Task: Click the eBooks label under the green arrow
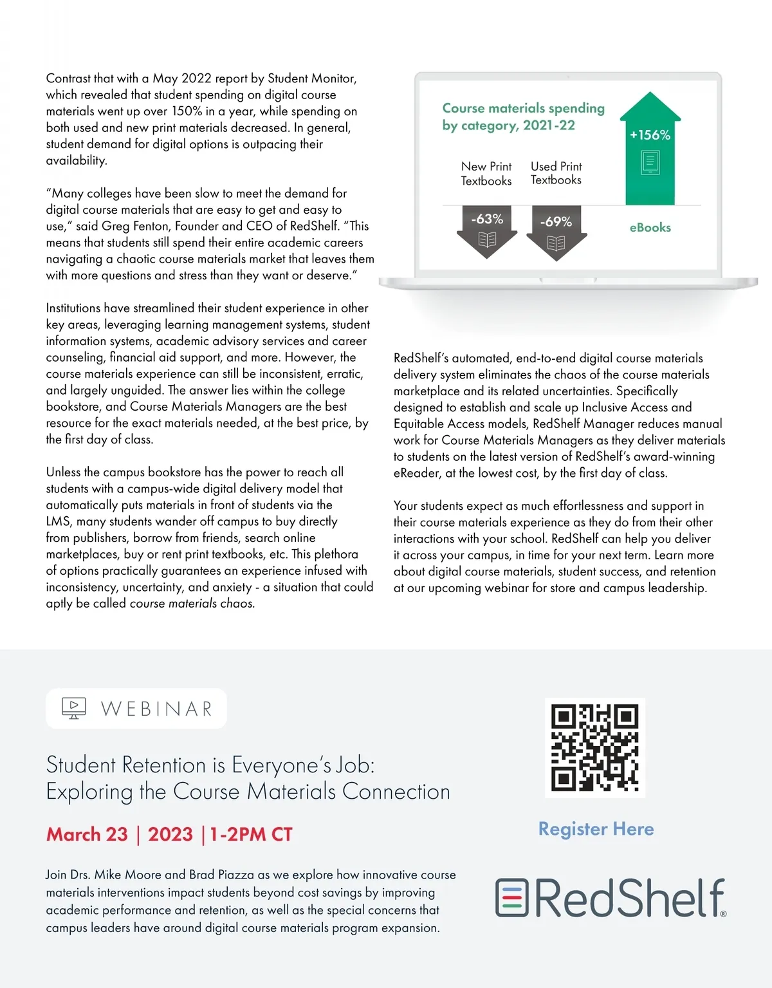650,227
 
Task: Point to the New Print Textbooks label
486,174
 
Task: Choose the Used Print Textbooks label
556,173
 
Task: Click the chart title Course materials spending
523,108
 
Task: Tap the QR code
594,748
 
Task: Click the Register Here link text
596,829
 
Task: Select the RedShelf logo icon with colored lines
511,898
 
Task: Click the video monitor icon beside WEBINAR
74,708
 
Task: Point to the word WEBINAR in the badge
156,709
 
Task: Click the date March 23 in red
87,835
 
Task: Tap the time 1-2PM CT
251,835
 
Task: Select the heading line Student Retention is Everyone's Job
210,765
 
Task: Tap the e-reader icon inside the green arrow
650,162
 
